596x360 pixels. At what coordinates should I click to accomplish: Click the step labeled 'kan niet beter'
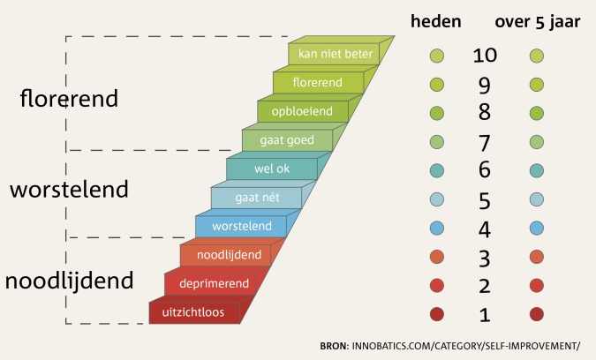pyautogui.click(x=335, y=54)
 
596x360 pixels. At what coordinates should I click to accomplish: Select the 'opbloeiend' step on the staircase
pyautogui.click(x=303, y=111)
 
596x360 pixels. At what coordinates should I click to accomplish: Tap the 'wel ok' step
pyautogui.click(x=272, y=169)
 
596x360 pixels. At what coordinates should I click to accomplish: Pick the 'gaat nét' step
pyautogui.click(x=257, y=198)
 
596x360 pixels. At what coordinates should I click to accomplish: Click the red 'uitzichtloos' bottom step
pyautogui.click(x=194, y=312)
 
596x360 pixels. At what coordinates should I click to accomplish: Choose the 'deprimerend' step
pyautogui.click(x=210, y=283)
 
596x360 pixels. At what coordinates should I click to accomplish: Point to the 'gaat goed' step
pyautogui.click(x=287, y=140)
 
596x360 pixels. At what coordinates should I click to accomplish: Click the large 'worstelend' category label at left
pyautogui.click(x=69, y=189)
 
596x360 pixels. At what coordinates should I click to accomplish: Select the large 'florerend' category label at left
pyautogui.click(x=69, y=98)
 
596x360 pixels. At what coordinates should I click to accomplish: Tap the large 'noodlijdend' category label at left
pyautogui.click(x=69, y=281)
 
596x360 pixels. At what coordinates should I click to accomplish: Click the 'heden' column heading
pyautogui.click(x=436, y=21)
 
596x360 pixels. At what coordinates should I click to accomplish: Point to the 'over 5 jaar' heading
pyautogui.click(x=538, y=22)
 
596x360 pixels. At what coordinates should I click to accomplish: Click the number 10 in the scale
pyautogui.click(x=485, y=56)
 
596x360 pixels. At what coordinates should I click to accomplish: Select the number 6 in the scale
pyautogui.click(x=485, y=169)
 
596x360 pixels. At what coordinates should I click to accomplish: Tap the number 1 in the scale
pyautogui.click(x=485, y=315)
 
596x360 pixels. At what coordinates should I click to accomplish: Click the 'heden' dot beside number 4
pyautogui.click(x=437, y=229)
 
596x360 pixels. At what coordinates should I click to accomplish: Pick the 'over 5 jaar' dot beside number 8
pyautogui.click(x=536, y=113)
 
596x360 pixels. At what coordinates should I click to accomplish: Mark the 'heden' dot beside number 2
pyautogui.click(x=437, y=286)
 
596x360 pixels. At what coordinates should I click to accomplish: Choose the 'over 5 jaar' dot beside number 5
pyautogui.click(x=536, y=199)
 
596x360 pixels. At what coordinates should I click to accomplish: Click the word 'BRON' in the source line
pyautogui.click(x=334, y=346)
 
